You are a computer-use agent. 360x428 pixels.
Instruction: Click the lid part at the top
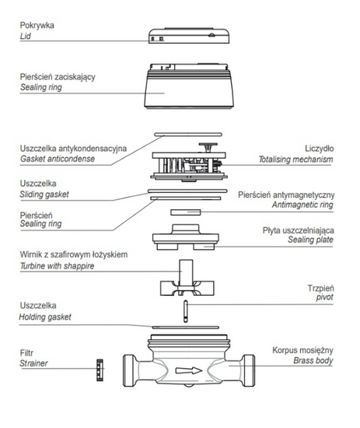(189, 36)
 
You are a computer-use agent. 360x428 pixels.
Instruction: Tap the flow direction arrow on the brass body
(188, 370)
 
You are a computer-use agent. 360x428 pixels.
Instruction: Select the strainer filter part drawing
(100, 370)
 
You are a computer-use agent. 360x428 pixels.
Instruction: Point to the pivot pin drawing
(186, 311)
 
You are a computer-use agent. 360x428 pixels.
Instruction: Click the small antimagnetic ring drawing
(186, 212)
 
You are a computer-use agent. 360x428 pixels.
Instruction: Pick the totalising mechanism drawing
(189, 162)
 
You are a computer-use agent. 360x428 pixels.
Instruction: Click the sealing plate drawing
(186, 237)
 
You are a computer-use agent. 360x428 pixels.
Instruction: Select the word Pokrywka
(37, 26)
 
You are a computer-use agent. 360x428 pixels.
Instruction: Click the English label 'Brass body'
(313, 360)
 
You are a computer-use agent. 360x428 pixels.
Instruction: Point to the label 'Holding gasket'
(45, 317)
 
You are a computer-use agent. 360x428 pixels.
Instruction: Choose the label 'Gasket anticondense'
(58, 159)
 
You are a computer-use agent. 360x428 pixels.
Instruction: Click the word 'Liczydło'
(320, 149)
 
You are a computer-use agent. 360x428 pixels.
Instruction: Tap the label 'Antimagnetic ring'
(302, 205)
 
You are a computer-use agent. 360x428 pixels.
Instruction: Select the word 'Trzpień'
(320, 288)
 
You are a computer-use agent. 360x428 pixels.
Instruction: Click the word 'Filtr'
(26, 353)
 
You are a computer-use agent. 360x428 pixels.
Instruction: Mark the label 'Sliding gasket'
(44, 195)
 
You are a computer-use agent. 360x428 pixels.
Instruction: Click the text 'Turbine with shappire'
(57, 266)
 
